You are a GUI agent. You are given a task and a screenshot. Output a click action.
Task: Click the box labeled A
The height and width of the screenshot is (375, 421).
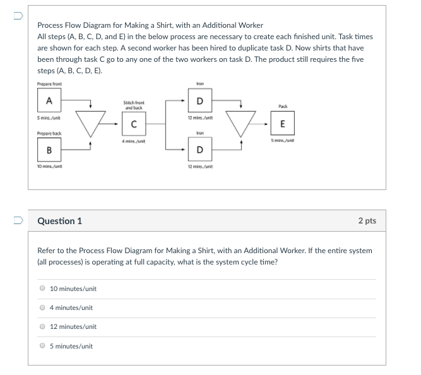click(x=49, y=100)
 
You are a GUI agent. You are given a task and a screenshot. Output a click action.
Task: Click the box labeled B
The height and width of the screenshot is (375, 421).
click(x=49, y=152)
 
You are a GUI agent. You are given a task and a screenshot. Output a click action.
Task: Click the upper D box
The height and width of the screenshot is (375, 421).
click(x=200, y=101)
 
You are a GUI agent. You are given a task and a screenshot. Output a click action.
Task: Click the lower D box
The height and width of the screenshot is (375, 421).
click(x=200, y=150)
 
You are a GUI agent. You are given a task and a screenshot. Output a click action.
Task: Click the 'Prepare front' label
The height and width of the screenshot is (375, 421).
click(x=50, y=84)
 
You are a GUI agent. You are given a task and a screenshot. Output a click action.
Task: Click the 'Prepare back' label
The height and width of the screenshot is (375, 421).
click(x=49, y=133)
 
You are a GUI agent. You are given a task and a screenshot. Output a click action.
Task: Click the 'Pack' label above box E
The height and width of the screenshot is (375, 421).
click(x=282, y=107)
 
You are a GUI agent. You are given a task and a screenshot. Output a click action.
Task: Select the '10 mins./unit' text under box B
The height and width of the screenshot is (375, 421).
click(x=50, y=167)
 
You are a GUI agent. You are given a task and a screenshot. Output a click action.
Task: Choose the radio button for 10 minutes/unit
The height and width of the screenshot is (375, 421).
click(x=42, y=289)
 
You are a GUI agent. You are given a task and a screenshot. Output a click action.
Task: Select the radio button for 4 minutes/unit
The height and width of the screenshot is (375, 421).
click(x=42, y=307)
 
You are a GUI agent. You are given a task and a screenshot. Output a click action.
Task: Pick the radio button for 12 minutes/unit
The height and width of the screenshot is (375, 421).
click(x=42, y=326)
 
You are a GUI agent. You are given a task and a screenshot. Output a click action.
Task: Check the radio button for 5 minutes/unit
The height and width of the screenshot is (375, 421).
click(x=42, y=346)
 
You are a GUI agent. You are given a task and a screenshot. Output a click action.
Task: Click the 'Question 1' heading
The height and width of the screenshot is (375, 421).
click(x=60, y=221)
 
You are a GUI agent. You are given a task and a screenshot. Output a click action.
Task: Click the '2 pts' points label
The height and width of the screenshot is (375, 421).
click(x=367, y=221)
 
